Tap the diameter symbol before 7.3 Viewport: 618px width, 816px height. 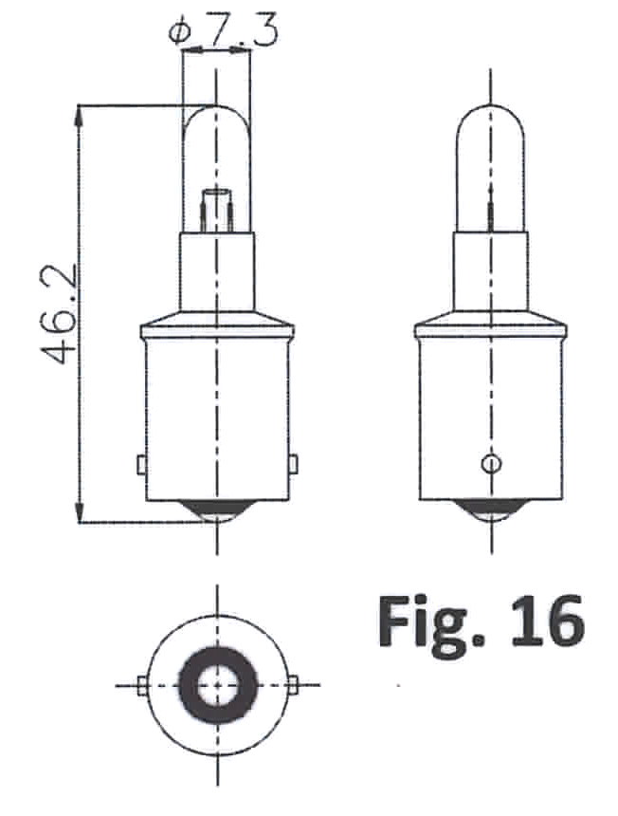tap(180, 31)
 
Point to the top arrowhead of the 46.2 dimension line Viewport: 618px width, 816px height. tap(79, 116)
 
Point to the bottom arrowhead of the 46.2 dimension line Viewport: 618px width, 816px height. tap(79, 511)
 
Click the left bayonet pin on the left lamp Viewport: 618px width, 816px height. tap(141, 464)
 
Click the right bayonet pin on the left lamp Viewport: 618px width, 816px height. tap(293, 464)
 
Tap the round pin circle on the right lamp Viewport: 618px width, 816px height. tap(492, 463)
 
